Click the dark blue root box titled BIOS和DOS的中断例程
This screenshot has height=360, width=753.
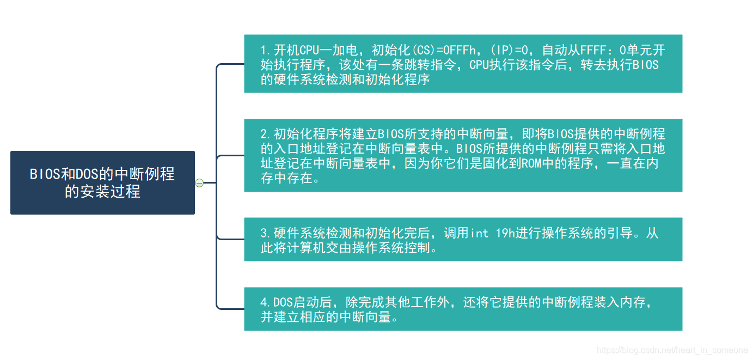102,182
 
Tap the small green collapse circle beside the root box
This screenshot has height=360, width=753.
199,183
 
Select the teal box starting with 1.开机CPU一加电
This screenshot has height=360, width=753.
463,64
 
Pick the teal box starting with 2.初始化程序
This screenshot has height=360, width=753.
463,155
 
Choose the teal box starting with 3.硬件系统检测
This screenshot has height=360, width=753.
463,240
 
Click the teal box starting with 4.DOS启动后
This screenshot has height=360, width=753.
463,309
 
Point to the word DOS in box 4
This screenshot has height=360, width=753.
283,302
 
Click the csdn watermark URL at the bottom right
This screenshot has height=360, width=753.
672,350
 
